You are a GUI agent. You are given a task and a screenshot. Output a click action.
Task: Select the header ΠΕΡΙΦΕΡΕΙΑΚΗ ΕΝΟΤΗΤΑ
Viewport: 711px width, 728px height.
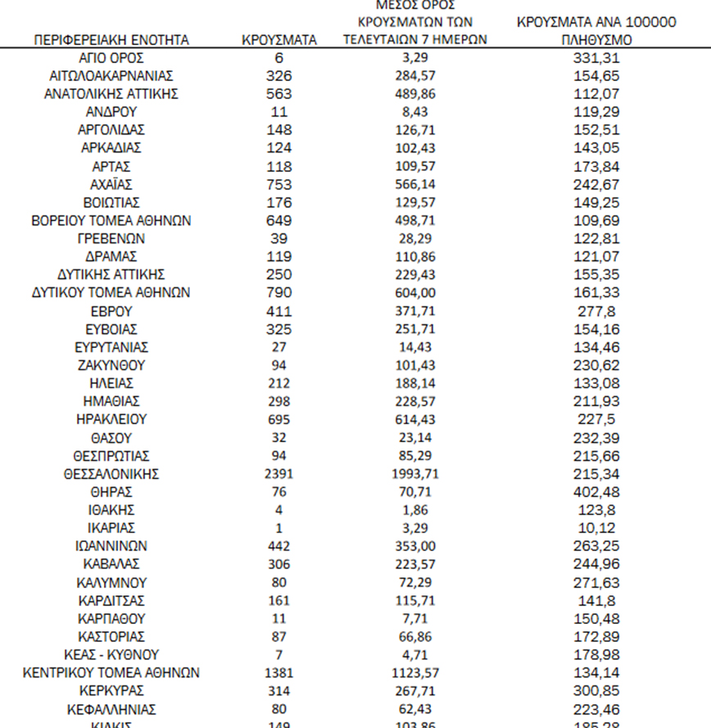111,39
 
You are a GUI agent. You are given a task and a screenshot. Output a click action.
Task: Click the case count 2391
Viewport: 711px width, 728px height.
279,473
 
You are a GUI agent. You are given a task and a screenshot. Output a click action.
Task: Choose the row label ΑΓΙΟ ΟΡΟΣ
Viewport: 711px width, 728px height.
111,57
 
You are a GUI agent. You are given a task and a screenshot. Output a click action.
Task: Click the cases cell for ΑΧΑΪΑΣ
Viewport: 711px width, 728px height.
279,184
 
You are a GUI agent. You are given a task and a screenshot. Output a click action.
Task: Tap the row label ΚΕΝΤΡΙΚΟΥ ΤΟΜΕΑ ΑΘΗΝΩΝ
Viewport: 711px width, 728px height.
111,672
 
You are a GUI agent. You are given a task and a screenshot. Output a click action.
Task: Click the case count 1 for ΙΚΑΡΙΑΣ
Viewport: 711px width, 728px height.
279,527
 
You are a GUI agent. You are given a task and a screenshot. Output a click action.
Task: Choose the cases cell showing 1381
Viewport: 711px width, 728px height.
279,672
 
